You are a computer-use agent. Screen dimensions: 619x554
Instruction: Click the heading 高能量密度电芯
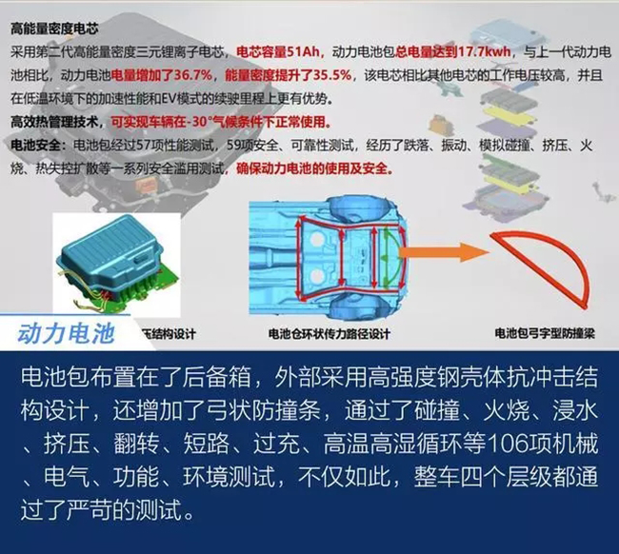(x=54, y=29)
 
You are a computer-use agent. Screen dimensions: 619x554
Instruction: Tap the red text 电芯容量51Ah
(x=278, y=51)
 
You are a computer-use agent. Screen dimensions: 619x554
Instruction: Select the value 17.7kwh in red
(x=485, y=51)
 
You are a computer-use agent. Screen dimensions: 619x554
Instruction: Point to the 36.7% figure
(x=192, y=75)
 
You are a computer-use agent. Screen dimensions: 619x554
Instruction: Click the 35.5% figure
(x=332, y=75)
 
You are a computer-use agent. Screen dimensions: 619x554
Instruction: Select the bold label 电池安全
(x=35, y=146)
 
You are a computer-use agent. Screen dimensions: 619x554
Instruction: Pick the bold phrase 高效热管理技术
(x=53, y=122)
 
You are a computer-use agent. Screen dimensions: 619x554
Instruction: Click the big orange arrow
(x=443, y=252)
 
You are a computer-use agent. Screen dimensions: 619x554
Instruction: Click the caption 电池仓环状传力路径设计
(x=329, y=334)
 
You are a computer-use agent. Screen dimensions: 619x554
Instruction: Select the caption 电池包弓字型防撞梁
(x=545, y=333)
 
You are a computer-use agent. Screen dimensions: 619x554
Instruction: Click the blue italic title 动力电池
(x=67, y=334)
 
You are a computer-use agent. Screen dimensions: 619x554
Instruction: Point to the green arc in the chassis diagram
(x=392, y=257)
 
